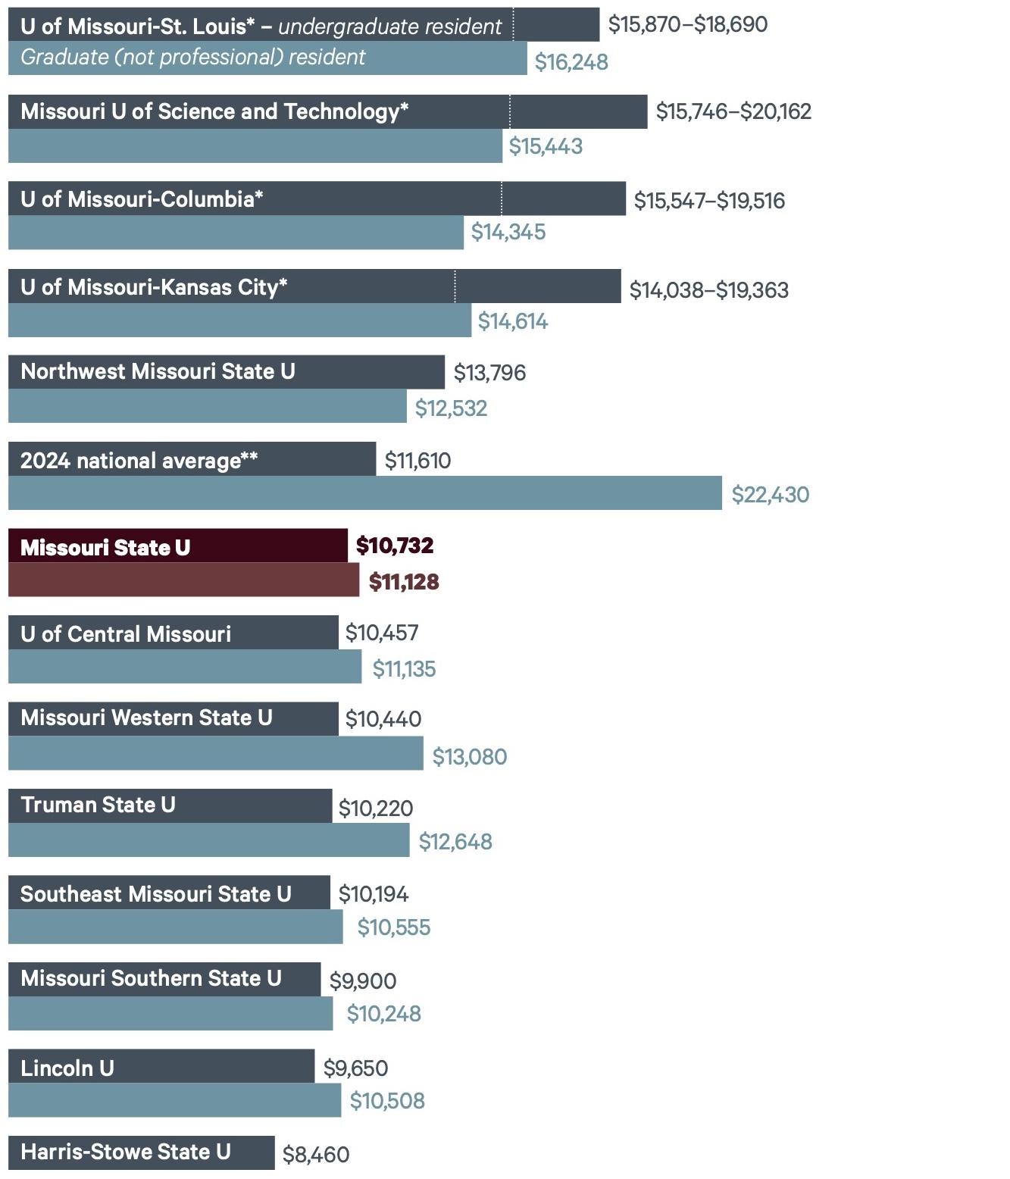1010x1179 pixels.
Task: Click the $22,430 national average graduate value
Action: [770, 495]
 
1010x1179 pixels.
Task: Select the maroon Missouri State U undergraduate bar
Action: [177, 546]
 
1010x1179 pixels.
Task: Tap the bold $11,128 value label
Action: [404, 582]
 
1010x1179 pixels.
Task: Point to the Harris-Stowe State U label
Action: [125, 1152]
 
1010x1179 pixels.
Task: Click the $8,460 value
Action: [316, 1155]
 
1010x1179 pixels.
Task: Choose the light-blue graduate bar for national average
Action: [364, 493]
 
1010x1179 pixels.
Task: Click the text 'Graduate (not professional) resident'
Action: [192, 58]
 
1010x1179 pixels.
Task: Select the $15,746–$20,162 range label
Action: [733, 111]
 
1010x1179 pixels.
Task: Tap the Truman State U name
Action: [98, 805]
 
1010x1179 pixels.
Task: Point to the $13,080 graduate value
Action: [469, 756]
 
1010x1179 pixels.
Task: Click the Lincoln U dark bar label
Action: [67, 1068]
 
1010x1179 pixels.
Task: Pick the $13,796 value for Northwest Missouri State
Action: [489, 373]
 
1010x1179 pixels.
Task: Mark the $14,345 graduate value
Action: [508, 232]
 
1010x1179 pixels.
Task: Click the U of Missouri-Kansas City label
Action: [154, 287]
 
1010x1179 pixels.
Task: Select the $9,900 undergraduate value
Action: [362, 981]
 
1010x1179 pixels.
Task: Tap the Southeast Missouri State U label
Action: [155, 894]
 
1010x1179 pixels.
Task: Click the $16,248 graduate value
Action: [571, 62]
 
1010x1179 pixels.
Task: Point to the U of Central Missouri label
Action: [126, 634]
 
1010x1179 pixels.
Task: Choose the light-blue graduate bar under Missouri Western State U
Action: [215, 753]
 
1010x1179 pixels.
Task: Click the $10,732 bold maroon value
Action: [395, 546]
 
